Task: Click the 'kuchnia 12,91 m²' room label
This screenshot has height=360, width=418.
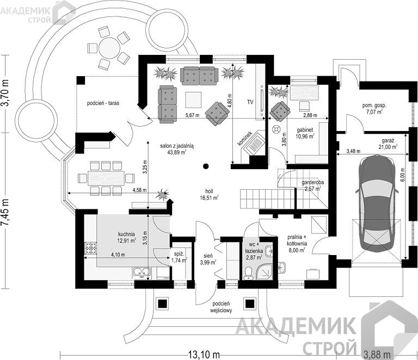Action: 126,238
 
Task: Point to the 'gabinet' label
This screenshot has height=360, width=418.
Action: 305,130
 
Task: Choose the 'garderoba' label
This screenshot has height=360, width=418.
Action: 313,183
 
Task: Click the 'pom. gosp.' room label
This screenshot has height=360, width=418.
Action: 374,105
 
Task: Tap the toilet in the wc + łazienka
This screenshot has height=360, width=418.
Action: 248,274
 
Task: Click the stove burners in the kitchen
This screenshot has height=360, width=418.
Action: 91,249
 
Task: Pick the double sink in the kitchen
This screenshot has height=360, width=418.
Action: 142,271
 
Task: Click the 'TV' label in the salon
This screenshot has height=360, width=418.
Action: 250,102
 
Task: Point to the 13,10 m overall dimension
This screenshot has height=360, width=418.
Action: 204,355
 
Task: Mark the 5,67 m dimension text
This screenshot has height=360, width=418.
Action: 193,115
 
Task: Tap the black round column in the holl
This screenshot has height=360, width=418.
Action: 206,166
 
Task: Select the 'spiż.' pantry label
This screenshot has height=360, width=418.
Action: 179,253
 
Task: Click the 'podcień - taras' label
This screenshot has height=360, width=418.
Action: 103,103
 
